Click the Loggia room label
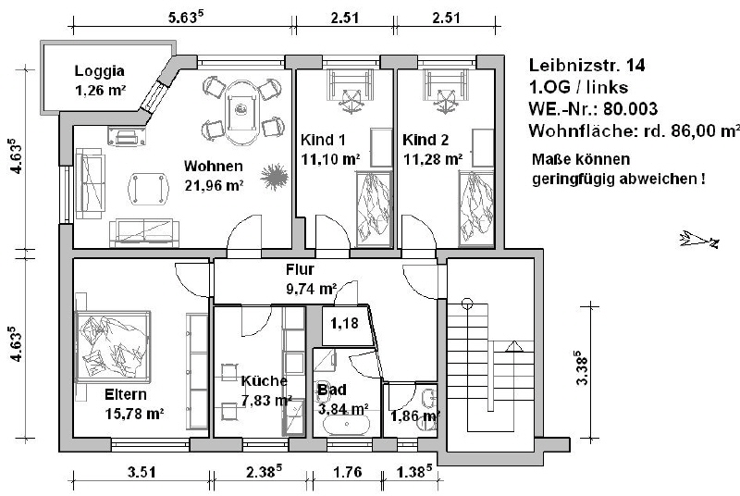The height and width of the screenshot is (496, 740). click(100, 70)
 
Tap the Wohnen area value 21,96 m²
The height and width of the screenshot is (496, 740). click(215, 186)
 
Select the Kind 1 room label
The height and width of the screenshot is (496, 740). click(323, 140)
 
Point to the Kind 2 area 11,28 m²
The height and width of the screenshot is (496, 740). click(433, 159)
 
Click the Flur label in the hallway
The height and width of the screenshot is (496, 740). click(300, 269)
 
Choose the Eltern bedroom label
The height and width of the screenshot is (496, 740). click(126, 394)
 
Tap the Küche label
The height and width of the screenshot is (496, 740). click(264, 381)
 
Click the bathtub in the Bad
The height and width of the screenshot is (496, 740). click(347, 424)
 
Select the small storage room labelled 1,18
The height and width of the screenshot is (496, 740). click(344, 326)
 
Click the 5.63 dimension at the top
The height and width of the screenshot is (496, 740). click(186, 18)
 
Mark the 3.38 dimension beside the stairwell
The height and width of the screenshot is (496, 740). click(582, 367)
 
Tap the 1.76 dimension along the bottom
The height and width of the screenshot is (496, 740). click(348, 472)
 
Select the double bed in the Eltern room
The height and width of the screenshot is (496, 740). click(113, 347)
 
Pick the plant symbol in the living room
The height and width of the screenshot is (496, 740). click(274, 177)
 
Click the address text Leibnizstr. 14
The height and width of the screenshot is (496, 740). click(586, 65)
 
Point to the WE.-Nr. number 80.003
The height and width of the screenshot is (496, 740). click(631, 109)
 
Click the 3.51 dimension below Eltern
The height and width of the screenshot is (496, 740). click(142, 472)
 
